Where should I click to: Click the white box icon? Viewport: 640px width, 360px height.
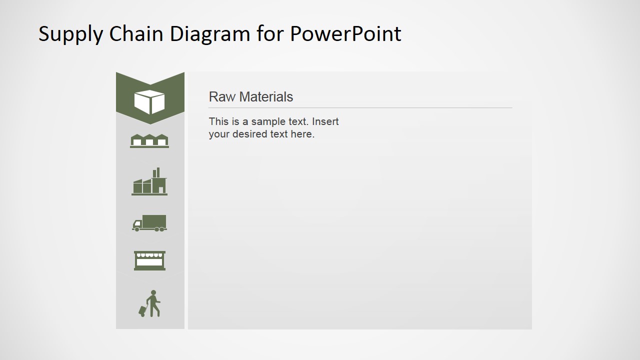click(149, 101)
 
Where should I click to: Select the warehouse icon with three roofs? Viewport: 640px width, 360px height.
click(149, 141)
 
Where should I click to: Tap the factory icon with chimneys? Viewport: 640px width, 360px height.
click(149, 182)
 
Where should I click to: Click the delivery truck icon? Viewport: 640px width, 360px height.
click(149, 223)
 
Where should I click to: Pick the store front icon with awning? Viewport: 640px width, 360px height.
click(149, 260)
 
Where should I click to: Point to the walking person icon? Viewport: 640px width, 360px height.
click(150, 303)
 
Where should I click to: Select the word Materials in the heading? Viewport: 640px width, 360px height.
click(265, 97)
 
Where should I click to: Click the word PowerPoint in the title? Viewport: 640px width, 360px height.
click(345, 33)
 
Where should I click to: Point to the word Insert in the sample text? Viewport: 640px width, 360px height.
click(325, 121)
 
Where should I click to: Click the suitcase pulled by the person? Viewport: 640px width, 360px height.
click(142, 311)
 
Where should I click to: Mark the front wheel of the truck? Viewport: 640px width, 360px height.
click(136, 229)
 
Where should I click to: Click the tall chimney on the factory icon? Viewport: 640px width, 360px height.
click(158, 172)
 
